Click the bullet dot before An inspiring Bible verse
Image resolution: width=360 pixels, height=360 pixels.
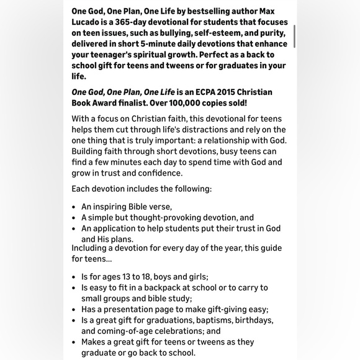(x=74, y=207)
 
